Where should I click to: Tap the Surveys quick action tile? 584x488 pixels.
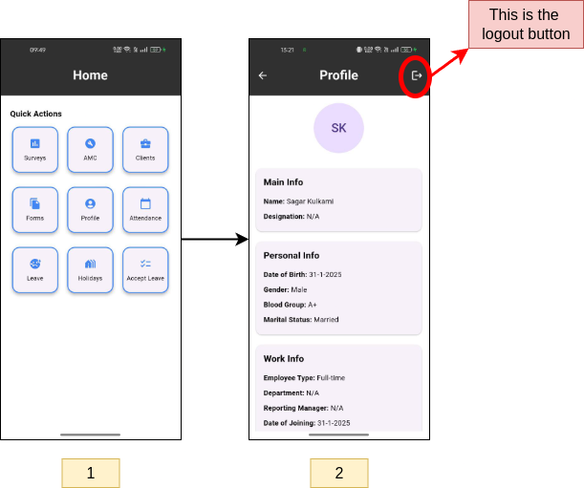[x=35, y=150]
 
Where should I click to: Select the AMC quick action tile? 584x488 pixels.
[x=90, y=150]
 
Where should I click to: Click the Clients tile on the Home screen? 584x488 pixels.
[x=145, y=150]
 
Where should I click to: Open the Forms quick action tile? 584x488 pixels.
[x=35, y=210]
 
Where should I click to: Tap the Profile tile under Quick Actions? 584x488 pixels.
[x=90, y=210]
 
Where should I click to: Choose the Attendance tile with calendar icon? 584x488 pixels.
[x=145, y=210]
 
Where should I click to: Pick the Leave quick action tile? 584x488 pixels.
[x=35, y=270]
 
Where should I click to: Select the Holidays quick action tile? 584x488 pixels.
[x=90, y=270]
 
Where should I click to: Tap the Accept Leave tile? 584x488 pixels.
[x=145, y=270]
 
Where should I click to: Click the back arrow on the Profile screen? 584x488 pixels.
[x=263, y=75]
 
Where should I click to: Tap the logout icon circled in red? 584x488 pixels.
[x=417, y=75]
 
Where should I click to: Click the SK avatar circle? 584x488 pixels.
[x=338, y=128]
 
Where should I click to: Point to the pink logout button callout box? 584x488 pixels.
[x=526, y=24]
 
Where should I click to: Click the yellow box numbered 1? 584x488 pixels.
[x=91, y=473]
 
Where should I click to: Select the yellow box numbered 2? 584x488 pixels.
[x=339, y=473]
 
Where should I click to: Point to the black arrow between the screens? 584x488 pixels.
[x=215, y=240]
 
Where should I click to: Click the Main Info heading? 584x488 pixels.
[x=283, y=182]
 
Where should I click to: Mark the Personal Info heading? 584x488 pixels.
[x=292, y=255]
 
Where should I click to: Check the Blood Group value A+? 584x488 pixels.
[x=313, y=305]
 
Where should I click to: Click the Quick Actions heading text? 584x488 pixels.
[x=35, y=114]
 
